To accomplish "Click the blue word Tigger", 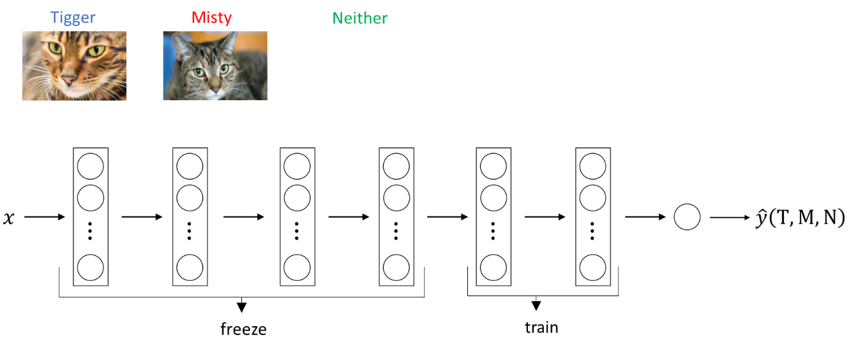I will tap(74, 18).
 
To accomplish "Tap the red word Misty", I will tap(211, 18).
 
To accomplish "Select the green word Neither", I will tap(359, 18).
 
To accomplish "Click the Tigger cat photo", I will tap(74, 66).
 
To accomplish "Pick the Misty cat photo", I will tap(215, 66).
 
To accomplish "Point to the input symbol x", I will tap(9, 218).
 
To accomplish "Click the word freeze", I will tap(243, 329).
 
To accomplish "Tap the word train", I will tap(541, 327).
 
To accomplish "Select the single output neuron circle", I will tap(687, 218).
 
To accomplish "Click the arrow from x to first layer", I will tap(45, 218).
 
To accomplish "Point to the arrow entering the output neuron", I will tap(645, 218).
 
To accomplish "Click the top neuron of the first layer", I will tap(90, 167).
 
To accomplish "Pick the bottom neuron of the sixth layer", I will tap(592, 267).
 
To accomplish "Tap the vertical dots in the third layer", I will tap(297, 230).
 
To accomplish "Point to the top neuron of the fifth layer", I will tap(493, 167).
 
